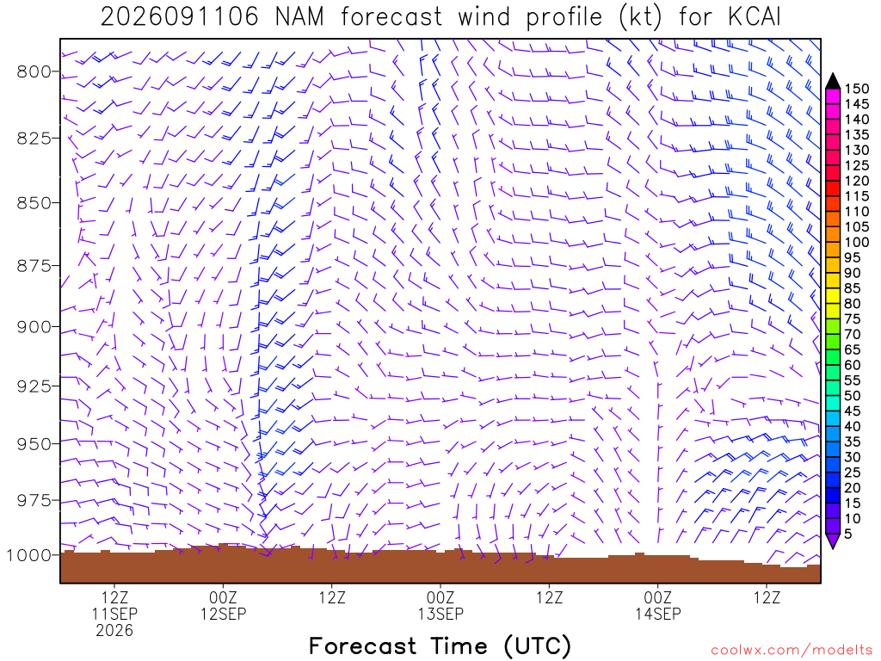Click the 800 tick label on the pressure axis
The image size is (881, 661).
(x=34, y=72)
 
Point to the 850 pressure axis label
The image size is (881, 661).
(x=34, y=203)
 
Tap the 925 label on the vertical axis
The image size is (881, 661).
(x=34, y=386)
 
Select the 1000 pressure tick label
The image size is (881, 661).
(x=28, y=555)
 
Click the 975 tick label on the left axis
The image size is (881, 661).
(x=34, y=500)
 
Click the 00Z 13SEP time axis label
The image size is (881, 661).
(x=440, y=605)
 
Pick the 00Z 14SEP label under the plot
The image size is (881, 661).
(x=658, y=605)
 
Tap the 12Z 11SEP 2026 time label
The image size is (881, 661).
(x=114, y=614)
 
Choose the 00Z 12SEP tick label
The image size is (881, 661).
(x=224, y=605)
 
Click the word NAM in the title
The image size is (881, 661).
(x=299, y=17)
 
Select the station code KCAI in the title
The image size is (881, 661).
(x=754, y=17)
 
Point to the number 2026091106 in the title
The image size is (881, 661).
(x=179, y=17)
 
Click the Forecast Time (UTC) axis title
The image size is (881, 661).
(x=440, y=646)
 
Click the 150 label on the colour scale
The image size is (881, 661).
(x=857, y=89)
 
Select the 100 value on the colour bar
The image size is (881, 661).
(x=857, y=242)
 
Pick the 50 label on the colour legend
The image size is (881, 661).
(x=853, y=396)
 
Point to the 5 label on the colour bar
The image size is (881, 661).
(x=848, y=534)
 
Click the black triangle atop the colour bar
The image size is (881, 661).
(x=833, y=82)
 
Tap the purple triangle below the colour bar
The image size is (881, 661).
(x=833, y=541)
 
